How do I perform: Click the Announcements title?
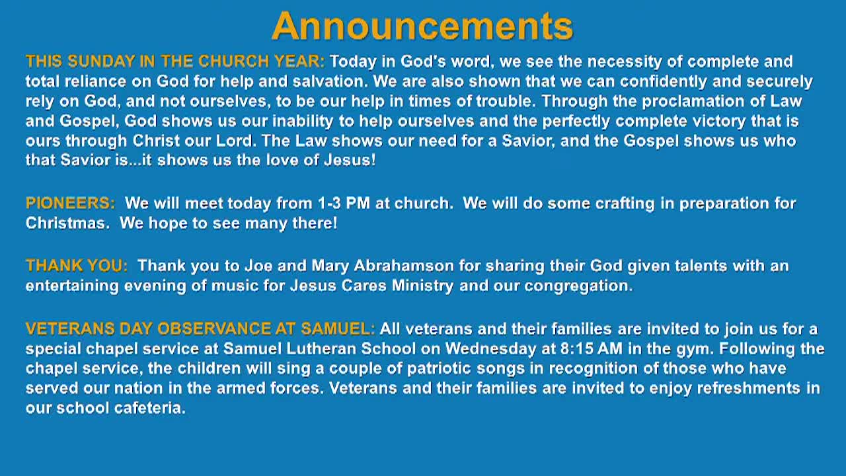click(x=422, y=26)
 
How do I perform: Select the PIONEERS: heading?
click(x=70, y=203)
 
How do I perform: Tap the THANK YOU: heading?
click(x=77, y=266)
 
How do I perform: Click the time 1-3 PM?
click(x=344, y=203)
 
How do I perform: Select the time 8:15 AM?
click(x=591, y=348)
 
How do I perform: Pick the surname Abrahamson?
click(x=404, y=266)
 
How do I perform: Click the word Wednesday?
click(x=490, y=348)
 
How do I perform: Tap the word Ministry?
click(x=422, y=286)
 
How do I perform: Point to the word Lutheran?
click(x=321, y=348)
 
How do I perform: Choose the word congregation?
click(x=578, y=286)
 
